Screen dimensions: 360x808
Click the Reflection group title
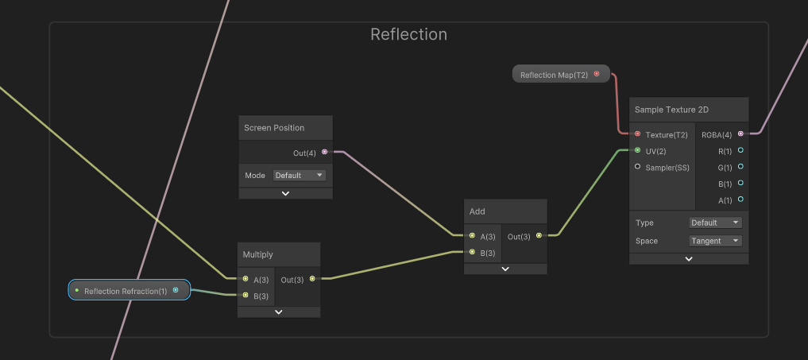408,34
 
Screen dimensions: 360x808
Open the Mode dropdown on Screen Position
299,175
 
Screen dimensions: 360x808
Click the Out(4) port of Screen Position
324,152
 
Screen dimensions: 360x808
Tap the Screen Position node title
274,128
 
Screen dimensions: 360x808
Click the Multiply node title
258,254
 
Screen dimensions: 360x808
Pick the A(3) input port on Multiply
245,279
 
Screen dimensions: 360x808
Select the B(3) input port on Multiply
245,296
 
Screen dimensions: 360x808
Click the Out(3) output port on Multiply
311,279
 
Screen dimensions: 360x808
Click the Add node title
477,211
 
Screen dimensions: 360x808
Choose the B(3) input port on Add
472,253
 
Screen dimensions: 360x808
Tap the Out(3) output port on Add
539,236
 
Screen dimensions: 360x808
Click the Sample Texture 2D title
671,109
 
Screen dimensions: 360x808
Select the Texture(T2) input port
637,134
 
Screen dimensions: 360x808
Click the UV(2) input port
637,150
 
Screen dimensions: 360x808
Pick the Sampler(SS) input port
637,167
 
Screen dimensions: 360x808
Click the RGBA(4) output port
740,134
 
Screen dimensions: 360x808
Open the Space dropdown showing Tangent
715,241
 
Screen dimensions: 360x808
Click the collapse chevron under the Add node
505,269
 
